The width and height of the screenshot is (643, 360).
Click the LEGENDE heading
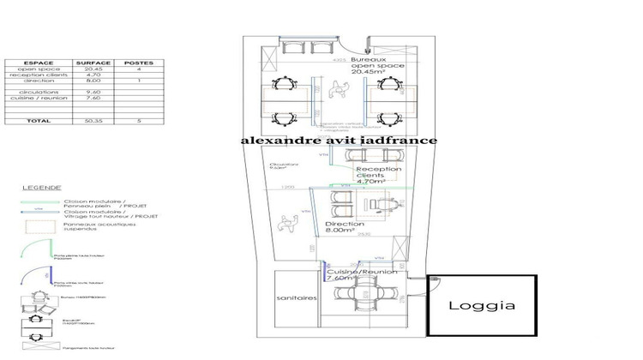pyautogui.click(x=41, y=186)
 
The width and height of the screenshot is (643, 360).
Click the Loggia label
pyautogui.click(x=482, y=305)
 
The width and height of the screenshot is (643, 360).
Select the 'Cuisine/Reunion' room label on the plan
pyautogui.click(x=361, y=274)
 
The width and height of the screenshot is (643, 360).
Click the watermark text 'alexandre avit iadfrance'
pyautogui.click(x=339, y=141)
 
